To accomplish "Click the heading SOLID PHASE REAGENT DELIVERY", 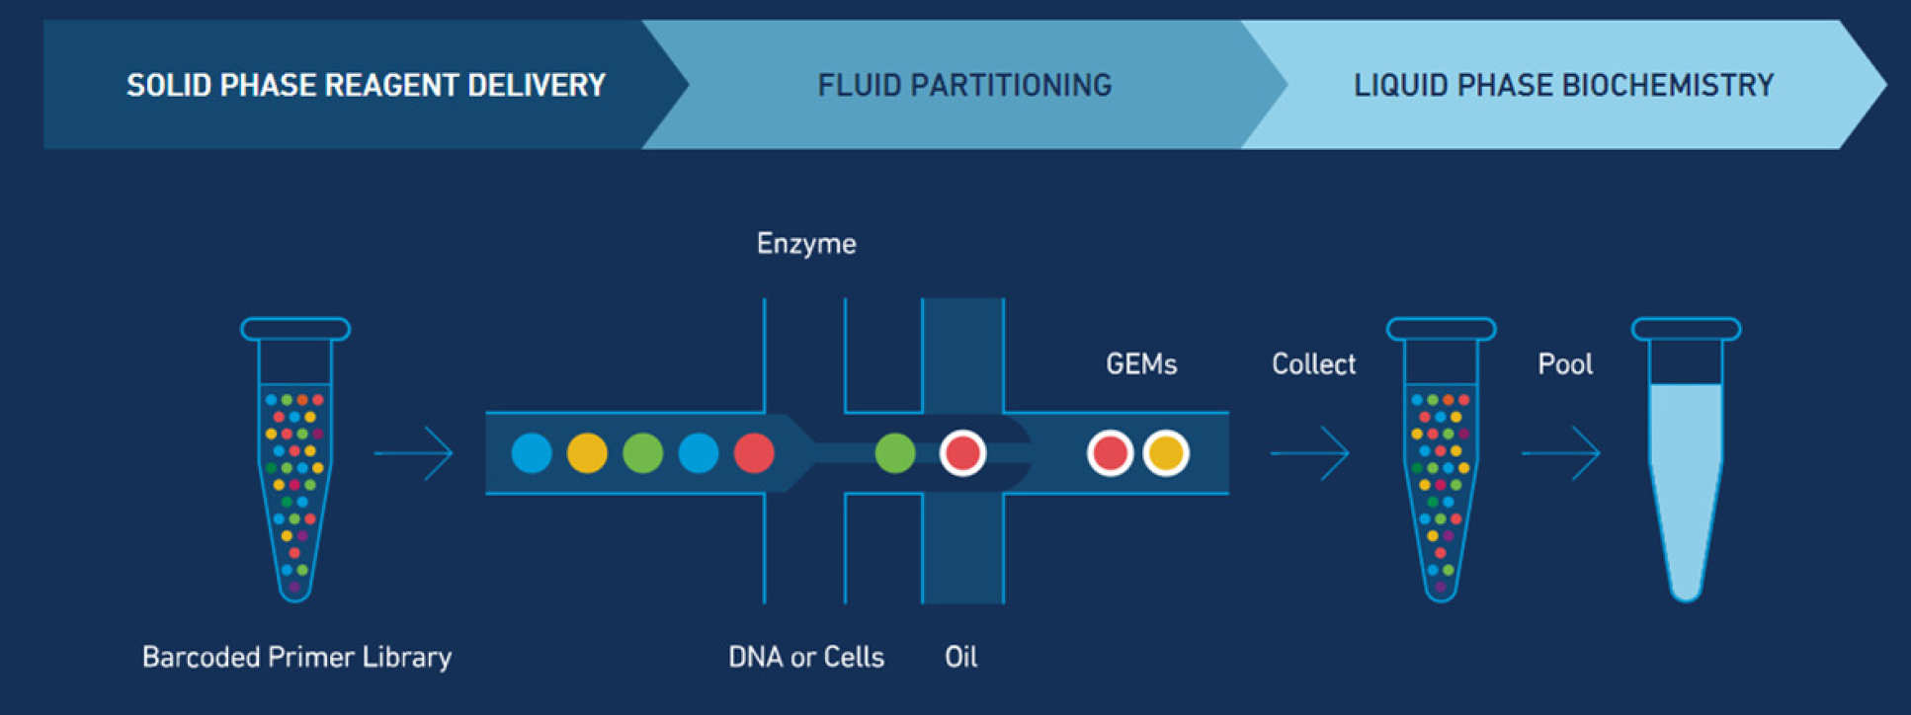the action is point(366,85).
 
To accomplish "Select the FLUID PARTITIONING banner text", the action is point(964,85).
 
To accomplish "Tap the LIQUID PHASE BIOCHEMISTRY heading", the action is point(1563,85).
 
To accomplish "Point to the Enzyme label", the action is point(806,244).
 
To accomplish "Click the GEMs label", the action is point(1141,364).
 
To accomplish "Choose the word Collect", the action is point(1313,364).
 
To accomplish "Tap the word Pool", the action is point(1565,364).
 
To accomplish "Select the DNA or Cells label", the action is point(806,657).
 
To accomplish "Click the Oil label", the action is point(961,657).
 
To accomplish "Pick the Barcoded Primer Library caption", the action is point(296,657).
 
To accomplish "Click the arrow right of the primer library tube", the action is point(413,453).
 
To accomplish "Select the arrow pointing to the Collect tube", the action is point(1309,453).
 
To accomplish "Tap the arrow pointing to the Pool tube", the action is point(1560,453).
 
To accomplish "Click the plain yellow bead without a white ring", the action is point(587,453).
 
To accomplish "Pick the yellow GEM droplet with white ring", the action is point(1166,453).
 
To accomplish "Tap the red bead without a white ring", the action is point(754,453).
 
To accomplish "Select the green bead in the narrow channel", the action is point(895,453).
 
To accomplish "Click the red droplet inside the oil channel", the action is point(962,453).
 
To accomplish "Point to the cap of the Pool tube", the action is point(1686,329).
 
